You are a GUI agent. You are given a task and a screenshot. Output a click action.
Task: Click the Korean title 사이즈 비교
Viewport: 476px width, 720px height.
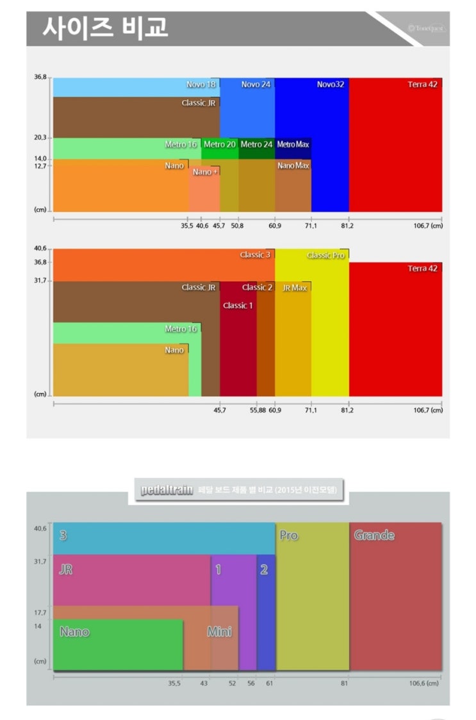(105, 28)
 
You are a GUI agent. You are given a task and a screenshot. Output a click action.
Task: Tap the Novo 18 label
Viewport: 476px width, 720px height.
(201, 85)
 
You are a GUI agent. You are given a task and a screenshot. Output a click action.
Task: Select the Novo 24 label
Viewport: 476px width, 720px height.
(256, 85)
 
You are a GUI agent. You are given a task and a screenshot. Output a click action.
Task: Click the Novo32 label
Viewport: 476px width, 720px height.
(331, 85)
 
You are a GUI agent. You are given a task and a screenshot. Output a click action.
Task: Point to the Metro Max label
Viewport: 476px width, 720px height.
(293, 145)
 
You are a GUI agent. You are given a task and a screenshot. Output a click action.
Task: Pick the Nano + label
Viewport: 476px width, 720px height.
(206, 172)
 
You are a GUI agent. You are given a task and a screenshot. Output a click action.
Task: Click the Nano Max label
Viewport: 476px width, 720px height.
(293, 166)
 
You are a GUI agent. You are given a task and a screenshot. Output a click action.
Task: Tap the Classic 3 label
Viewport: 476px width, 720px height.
(256, 255)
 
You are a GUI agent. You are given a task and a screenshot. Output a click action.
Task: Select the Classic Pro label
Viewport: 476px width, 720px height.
(327, 256)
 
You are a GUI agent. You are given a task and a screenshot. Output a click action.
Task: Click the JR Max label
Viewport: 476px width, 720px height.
(295, 288)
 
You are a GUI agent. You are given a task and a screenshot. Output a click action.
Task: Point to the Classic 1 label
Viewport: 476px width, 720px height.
(238, 306)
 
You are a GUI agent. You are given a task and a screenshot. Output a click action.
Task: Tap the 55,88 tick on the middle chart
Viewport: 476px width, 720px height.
(258, 411)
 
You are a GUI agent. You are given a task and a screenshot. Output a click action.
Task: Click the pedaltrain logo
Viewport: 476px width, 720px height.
(167, 491)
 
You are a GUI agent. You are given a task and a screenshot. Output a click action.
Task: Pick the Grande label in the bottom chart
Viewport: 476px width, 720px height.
(374, 536)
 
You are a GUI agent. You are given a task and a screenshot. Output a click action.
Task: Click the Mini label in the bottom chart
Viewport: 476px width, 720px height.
(219, 632)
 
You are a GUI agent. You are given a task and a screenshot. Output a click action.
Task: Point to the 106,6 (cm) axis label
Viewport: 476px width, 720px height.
(424, 683)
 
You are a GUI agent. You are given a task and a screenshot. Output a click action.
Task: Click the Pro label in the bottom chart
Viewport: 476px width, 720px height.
(289, 536)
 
